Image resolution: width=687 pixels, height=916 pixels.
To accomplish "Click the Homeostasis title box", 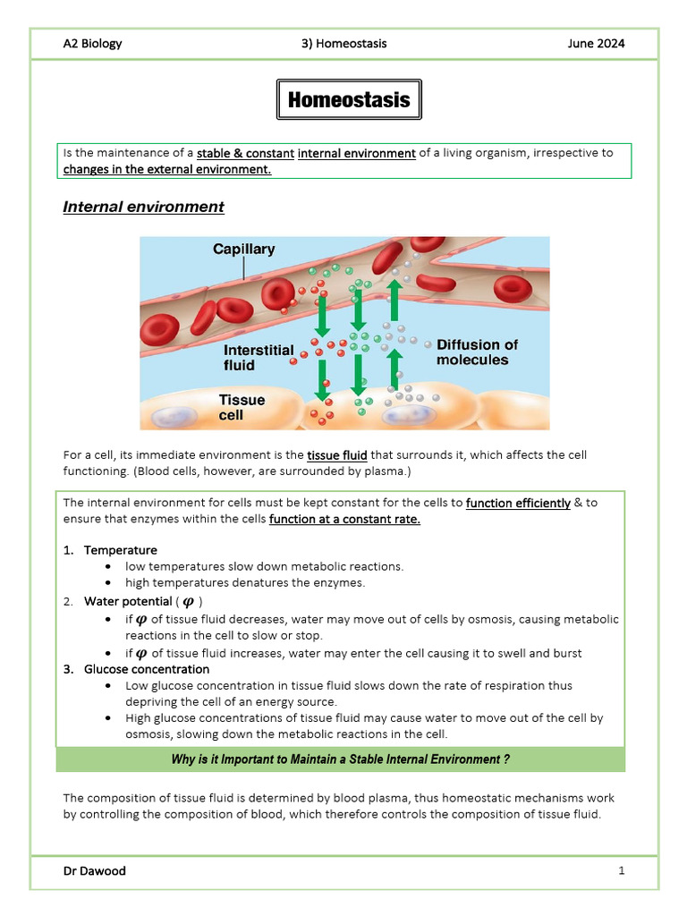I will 348,100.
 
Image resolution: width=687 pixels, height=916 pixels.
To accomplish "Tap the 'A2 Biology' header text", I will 92,43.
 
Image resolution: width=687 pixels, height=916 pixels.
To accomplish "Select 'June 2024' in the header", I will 596,43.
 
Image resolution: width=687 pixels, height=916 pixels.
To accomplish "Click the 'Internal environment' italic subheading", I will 143,207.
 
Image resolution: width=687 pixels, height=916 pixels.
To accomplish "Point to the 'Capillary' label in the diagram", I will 243,250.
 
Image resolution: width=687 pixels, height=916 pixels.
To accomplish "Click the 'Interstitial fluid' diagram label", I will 259,357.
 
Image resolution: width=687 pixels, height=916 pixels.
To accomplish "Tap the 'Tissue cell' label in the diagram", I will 242,407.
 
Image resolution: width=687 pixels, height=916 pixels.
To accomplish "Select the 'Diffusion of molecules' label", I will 477,352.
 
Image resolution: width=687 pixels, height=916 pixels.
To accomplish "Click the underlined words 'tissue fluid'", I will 337,455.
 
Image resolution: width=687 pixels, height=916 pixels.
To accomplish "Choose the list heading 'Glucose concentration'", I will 147,669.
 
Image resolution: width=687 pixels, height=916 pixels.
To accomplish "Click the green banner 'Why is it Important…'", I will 340,759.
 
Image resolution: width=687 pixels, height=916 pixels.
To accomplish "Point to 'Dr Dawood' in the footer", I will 94,870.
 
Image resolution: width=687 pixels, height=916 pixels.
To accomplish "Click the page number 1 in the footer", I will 621,870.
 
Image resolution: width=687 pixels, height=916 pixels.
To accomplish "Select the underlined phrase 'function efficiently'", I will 518,503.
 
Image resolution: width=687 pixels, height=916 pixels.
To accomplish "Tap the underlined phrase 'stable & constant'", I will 245,153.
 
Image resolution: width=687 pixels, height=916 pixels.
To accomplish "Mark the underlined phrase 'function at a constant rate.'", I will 344,519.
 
